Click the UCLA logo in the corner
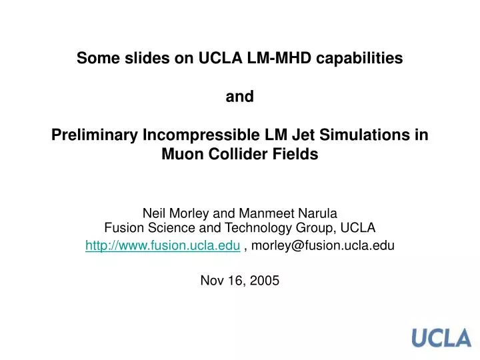(x=441, y=338)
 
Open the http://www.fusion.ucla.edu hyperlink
(x=163, y=245)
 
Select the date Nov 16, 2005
(x=240, y=281)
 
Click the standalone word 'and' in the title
(x=240, y=97)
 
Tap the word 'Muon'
(x=182, y=155)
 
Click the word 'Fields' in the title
(x=297, y=155)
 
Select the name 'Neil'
(x=154, y=213)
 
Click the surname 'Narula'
(x=319, y=213)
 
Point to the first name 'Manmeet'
(x=273, y=213)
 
